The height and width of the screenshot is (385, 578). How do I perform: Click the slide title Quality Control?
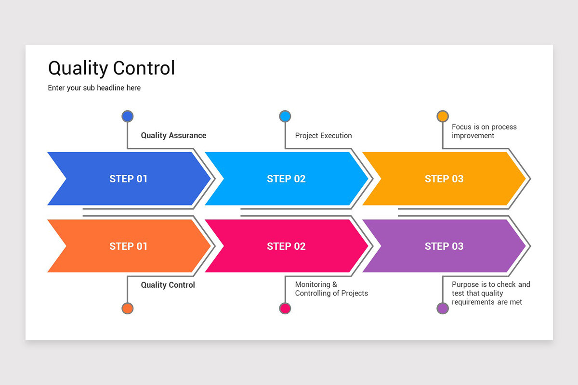[111, 68]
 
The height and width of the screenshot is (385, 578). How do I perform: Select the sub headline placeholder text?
[94, 88]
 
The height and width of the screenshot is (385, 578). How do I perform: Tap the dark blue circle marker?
[127, 116]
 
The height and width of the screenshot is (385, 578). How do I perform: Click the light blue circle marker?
[285, 116]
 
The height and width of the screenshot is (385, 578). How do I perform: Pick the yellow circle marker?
[443, 116]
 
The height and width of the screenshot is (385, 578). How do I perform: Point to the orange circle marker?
[127, 308]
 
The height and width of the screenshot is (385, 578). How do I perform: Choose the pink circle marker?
[285, 308]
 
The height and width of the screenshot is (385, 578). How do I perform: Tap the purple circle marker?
[443, 308]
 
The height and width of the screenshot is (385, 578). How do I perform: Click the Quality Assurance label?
[173, 136]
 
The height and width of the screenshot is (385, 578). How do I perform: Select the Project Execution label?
[323, 136]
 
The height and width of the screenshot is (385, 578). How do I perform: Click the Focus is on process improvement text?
[484, 131]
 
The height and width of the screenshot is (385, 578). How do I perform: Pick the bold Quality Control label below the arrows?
[168, 285]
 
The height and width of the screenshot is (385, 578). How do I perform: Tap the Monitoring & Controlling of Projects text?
[331, 289]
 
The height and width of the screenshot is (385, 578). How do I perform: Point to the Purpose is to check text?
[490, 293]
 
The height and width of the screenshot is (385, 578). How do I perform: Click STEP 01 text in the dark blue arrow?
[129, 179]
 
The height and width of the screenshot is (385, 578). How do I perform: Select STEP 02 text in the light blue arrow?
[286, 179]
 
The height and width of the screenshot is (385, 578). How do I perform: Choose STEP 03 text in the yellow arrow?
[444, 179]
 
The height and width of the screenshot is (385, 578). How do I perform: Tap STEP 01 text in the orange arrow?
[129, 246]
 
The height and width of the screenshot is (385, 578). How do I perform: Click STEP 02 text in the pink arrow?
[286, 246]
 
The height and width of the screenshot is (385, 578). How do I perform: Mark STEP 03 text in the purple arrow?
[444, 246]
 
